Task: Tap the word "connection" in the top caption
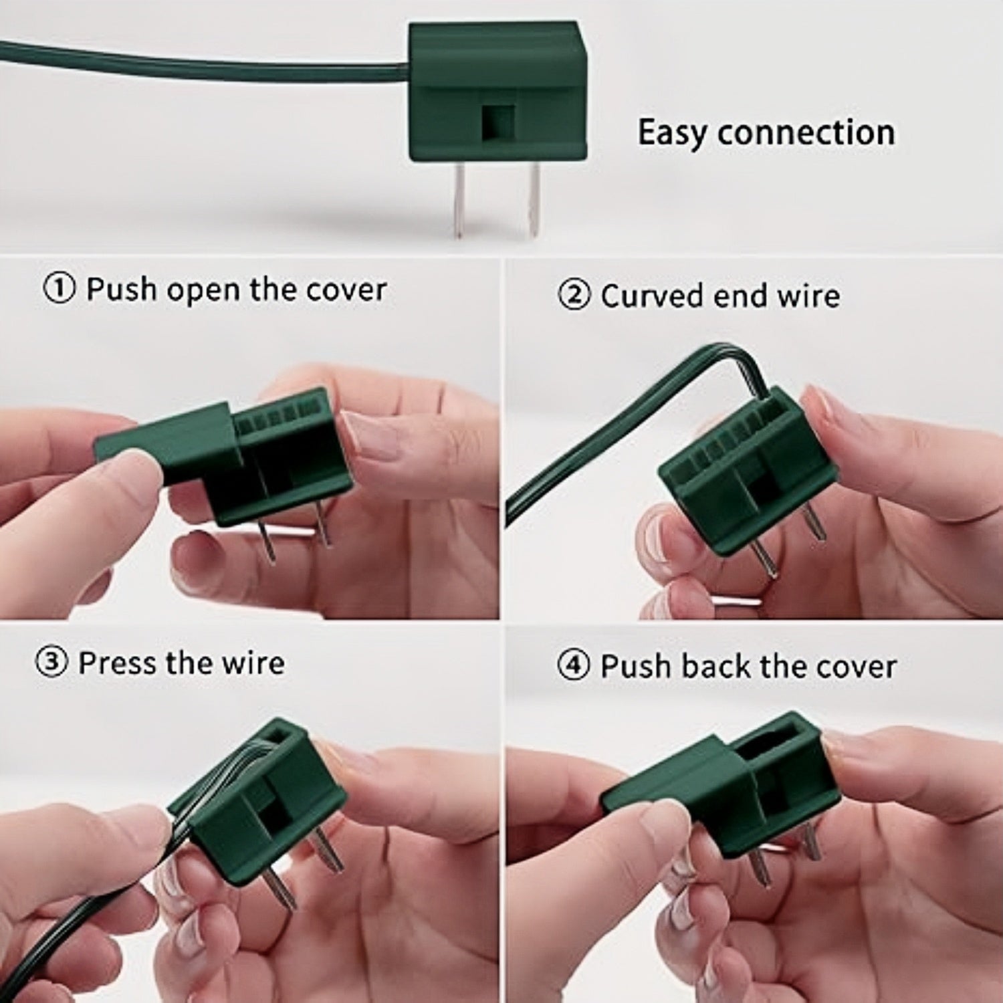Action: [806, 132]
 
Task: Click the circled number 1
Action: [60, 290]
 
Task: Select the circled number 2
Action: [574, 296]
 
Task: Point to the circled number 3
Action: [51, 663]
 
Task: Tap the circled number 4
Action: [574, 667]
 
